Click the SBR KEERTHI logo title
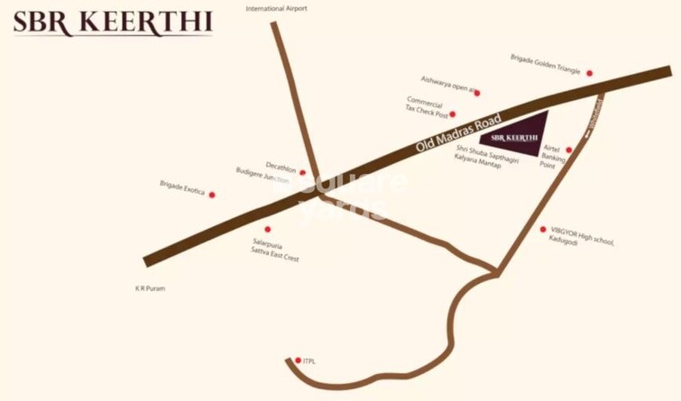tap(112, 23)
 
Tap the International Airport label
tap(277, 8)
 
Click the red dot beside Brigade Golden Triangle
tap(590, 73)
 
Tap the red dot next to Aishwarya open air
tap(477, 93)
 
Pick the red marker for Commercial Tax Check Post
tap(453, 114)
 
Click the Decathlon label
tap(281, 165)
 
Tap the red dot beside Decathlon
tap(302, 172)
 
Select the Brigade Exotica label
tap(183, 185)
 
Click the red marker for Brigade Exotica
tap(212, 195)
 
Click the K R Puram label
tap(150, 289)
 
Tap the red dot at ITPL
tap(298, 360)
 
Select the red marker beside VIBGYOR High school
tap(543, 230)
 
